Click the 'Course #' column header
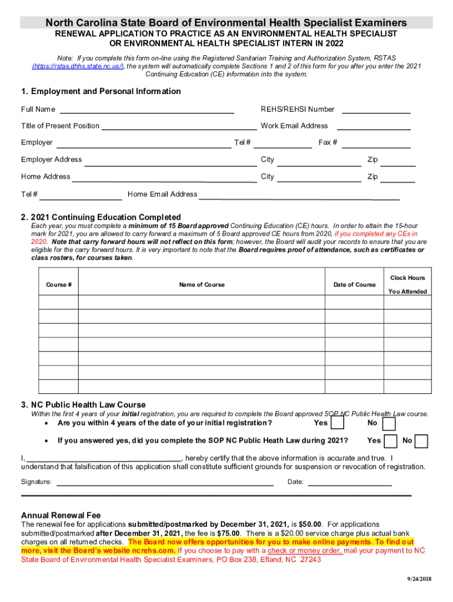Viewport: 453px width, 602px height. coord(59,285)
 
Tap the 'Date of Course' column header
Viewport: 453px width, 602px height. coord(354,285)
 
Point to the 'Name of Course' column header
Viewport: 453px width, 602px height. coord(202,285)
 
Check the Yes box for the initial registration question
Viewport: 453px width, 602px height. coord(338,424)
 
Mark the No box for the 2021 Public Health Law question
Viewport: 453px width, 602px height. coord(422,441)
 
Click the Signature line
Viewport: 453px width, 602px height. coord(165,483)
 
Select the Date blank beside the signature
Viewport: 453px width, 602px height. coord(350,483)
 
